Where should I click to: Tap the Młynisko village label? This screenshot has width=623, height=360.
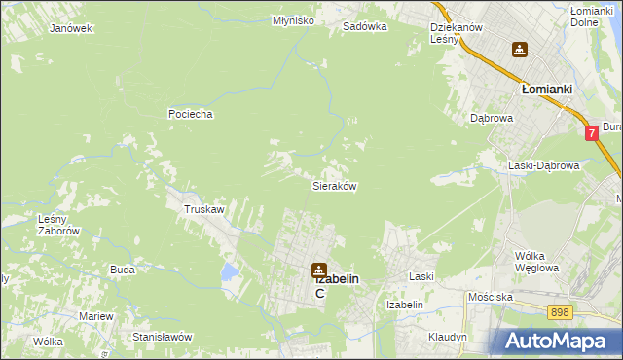pyautogui.click(x=265, y=20)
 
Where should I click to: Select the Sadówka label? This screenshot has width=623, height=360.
pyautogui.click(x=365, y=27)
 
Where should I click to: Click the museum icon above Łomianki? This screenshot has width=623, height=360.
pyautogui.click(x=520, y=50)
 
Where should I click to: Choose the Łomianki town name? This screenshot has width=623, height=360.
pyautogui.click(x=545, y=88)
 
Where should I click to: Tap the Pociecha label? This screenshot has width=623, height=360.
pyautogui.click(x=190, y=114)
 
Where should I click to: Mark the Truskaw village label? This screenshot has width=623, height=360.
pyautogui.click(x=204, y=209)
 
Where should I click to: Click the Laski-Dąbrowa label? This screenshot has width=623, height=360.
pyautogui.click(x=543, y=165)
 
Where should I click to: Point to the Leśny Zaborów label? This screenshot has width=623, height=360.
pyautogui.click(x=57, y=225)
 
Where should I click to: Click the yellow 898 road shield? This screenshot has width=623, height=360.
pyautogui.click(x=560, y=312)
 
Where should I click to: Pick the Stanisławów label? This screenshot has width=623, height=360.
pyautogui.click(x=163, y=337)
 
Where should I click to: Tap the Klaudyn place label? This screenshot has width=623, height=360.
pyautogui.click(x=448, y=337)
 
